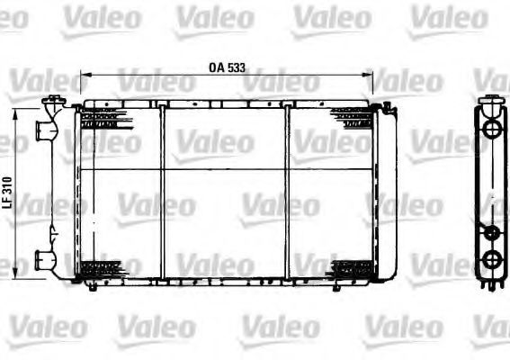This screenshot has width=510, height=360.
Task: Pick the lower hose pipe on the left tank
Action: tap(43, 259)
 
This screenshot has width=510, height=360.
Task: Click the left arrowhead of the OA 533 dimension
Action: tap(84, 76)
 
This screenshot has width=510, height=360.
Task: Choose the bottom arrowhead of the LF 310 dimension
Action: tap(18, 275)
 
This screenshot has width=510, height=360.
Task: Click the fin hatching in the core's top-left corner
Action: tap(101, 118)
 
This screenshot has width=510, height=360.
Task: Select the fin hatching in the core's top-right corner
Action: tap(351, 118)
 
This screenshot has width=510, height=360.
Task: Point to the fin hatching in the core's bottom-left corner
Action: tap(101, 268)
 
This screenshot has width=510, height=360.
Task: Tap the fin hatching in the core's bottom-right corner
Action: tap(351, 268)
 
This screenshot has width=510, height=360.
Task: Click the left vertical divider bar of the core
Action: tap(163, 193)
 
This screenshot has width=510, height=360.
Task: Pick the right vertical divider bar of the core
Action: tap(288, 193)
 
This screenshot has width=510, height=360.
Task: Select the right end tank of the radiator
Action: tap(385, 193)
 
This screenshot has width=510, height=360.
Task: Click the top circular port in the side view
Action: tap(491, 129)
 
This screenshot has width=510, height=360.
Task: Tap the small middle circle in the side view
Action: tap(491, 232)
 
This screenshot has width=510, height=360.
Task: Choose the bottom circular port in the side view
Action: tap(491, 260)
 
